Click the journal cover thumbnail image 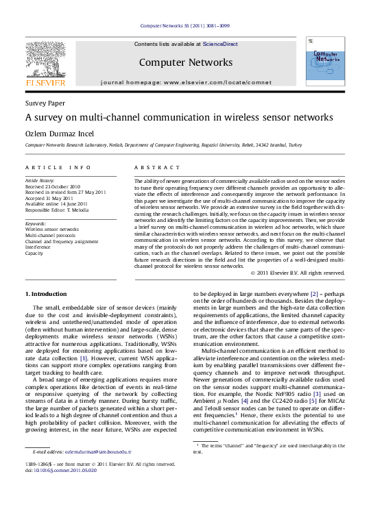coord(325,62)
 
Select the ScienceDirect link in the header coord(221,44)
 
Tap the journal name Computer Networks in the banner coord(186,62)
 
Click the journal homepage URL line coord(186,82)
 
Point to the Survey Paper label coord(45,103)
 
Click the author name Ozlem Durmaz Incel coord(59,134)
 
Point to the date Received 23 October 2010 coord(53,186)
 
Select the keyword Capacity coord(34,253)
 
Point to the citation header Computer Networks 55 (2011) coord(185,26)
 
